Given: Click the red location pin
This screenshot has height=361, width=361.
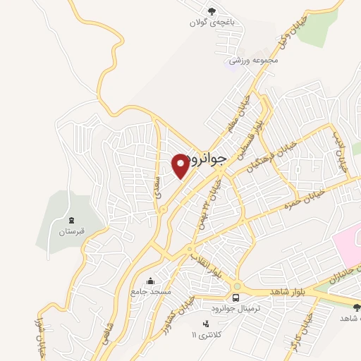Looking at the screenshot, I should (x=180, y=165).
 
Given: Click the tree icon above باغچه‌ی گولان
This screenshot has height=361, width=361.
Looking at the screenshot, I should (x=212, y=10).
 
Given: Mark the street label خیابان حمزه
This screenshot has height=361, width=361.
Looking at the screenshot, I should (x=304, y=197).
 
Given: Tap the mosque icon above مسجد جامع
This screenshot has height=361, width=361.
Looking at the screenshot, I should (x=149, y=280).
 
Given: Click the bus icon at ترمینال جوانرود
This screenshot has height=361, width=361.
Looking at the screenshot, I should (x=235, y=298).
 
